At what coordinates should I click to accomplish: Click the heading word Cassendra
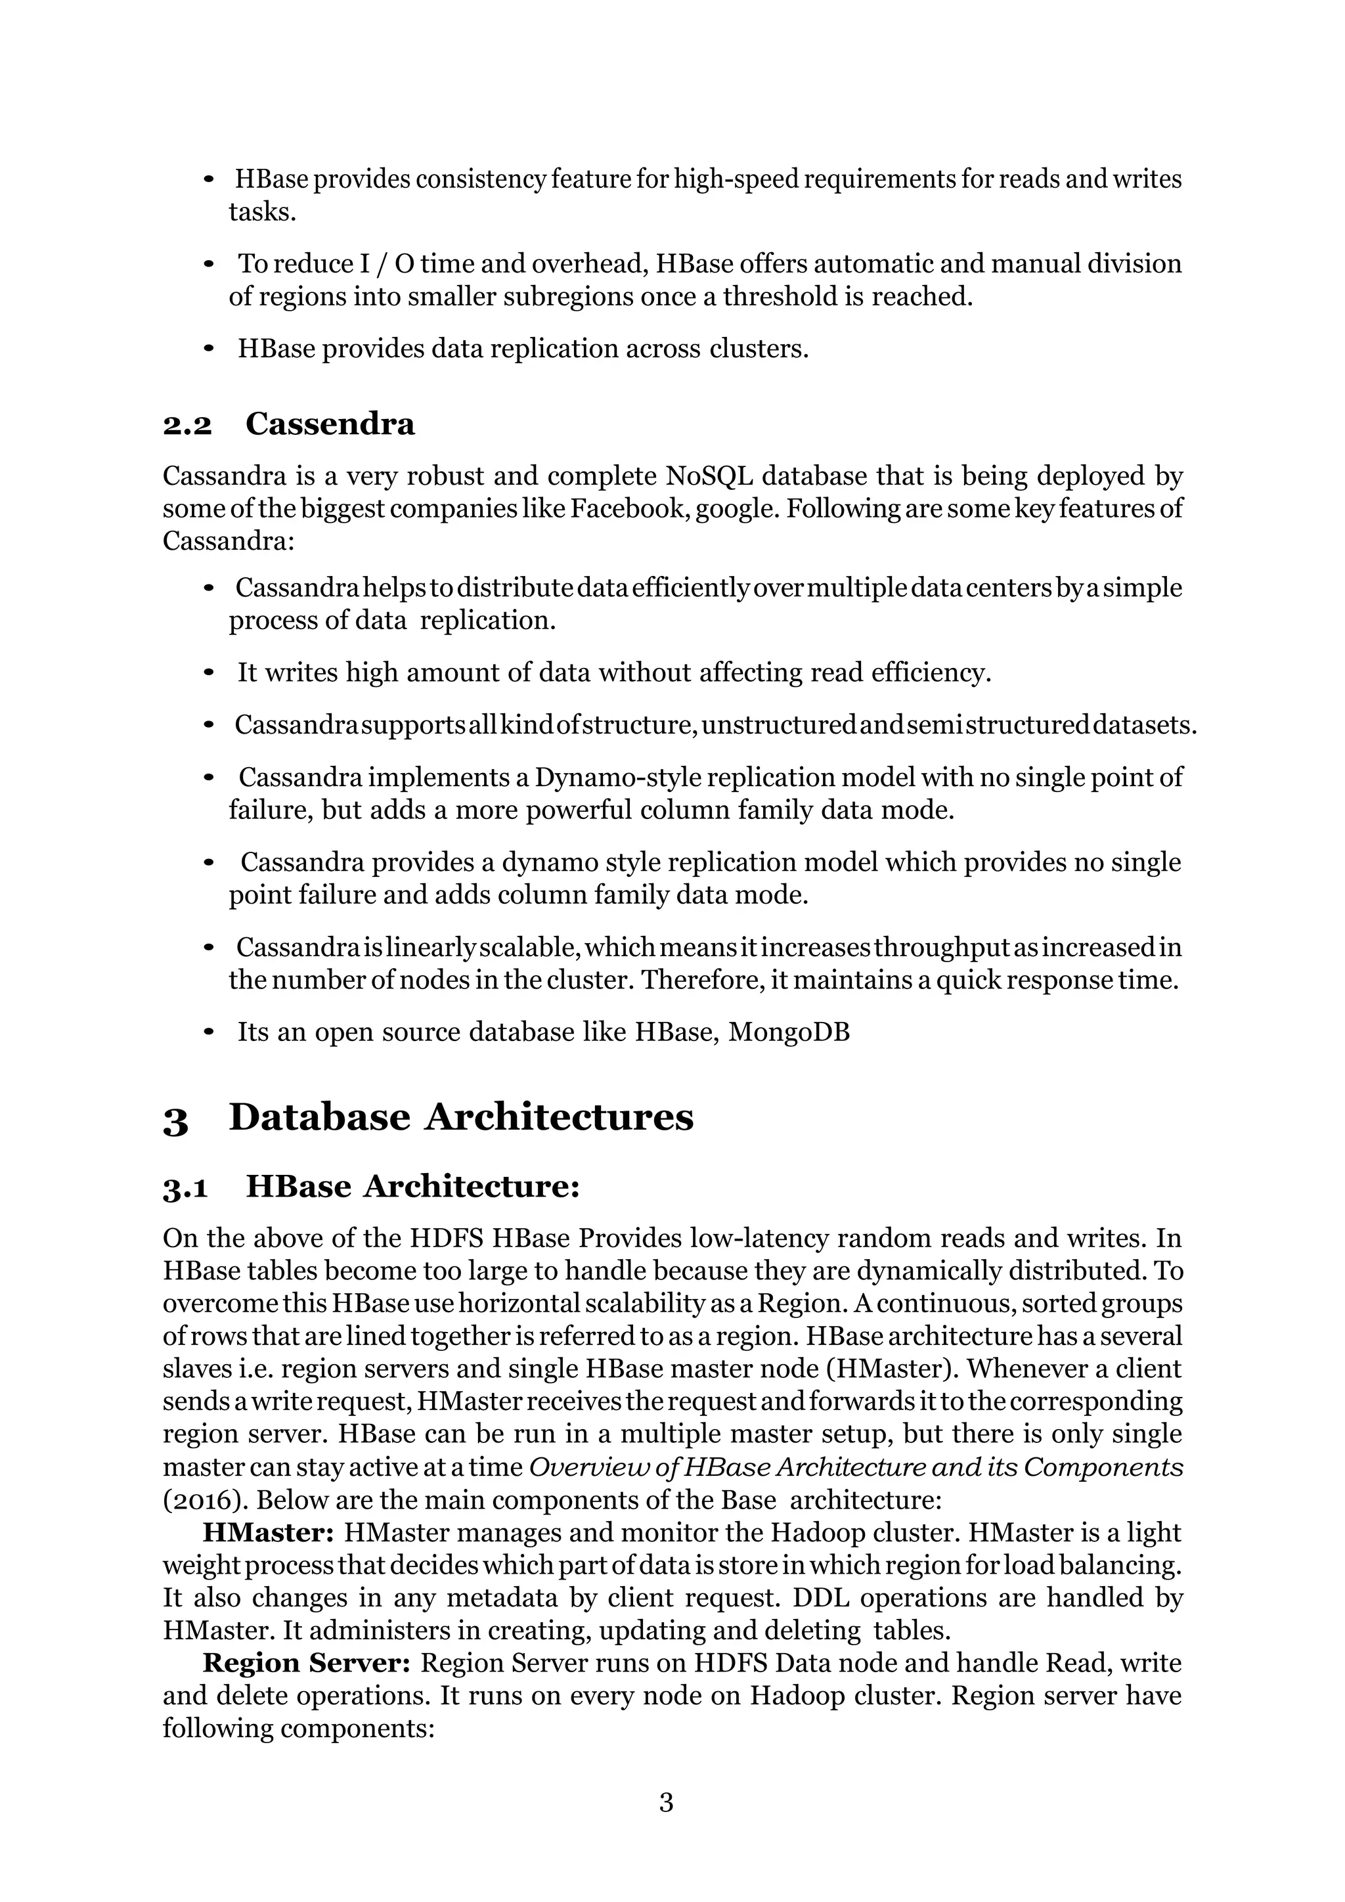(x=330, y=424)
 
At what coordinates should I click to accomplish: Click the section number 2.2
(x=187, y=425)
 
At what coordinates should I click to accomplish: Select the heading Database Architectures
(x=460, y=1118)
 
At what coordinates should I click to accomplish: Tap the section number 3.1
(x=185, y=1188)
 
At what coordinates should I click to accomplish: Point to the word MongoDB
(x=789, y=1032)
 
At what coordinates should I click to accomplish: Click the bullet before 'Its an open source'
(x=209, y=1033)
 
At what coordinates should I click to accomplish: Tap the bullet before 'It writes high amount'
(x=209, y=673)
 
